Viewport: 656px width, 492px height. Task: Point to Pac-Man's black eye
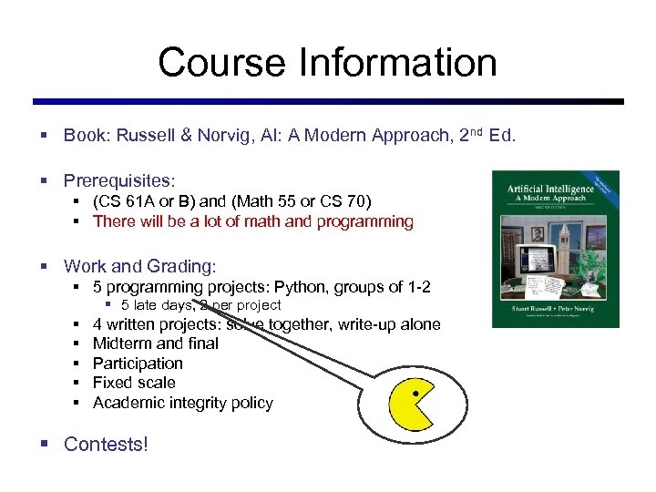click(416, 394)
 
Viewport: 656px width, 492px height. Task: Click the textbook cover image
click(555, 249)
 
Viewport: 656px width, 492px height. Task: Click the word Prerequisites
click(118, 182)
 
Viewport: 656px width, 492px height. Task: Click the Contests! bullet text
click(106, 445)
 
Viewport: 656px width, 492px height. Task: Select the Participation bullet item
click(138, 364)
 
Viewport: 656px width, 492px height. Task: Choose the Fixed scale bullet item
click(134, 383)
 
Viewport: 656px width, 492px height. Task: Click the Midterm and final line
click(156, 343)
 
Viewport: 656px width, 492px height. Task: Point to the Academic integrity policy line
click(182, 403)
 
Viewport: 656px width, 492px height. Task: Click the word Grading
click(185, 267)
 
